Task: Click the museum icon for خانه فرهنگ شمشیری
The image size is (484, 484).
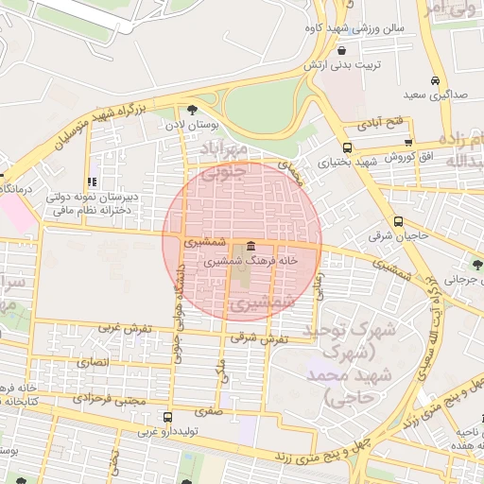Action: point(250,245)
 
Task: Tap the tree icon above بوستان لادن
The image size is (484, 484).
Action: point(193,110)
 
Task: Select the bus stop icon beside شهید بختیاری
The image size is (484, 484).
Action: point(347,147)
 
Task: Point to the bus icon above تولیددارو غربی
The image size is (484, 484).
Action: point(167,417)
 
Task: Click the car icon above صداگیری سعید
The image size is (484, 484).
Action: point(434,81)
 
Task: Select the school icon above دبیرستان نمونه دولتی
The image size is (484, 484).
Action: point(92,182)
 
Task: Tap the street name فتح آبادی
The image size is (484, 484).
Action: point(381,124)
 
